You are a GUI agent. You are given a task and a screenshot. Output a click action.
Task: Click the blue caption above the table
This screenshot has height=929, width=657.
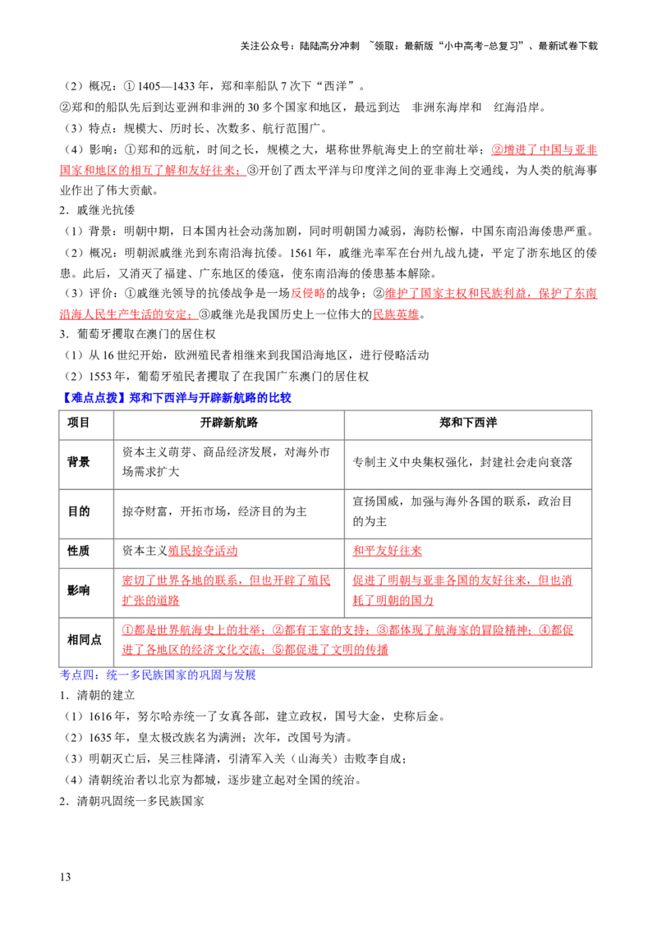point(177,398)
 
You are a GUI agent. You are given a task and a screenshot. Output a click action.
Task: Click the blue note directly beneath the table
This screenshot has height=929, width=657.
point(158,676)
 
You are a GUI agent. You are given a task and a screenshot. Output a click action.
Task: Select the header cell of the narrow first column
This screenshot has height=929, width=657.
point(88,423)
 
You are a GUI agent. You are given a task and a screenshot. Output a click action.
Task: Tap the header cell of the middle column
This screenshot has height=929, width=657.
point(229,423)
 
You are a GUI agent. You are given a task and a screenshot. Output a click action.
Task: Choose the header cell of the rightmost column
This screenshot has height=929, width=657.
point(466,423)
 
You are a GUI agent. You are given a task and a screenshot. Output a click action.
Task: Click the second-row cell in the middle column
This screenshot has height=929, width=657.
point(229,465)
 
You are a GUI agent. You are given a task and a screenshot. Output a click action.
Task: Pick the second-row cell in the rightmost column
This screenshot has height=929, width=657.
point(466,465)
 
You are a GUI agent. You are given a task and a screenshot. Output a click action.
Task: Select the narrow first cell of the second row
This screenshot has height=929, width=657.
point(88,465)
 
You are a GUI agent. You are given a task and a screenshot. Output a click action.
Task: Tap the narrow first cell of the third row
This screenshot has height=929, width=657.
point(88,512)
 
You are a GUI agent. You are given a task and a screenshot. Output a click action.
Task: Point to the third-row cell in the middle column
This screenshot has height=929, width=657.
point(229,512)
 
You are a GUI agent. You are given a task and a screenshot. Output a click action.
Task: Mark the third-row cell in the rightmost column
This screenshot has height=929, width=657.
point(466,512)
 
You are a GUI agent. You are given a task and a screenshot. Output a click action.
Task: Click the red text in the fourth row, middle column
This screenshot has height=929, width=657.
point(202,551)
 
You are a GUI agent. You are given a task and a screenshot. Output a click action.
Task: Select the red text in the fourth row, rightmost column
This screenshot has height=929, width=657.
point(388,551)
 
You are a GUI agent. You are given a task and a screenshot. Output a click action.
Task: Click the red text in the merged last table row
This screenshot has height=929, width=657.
point(348,640)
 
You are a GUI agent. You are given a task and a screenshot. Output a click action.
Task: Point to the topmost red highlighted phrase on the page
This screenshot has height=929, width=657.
point(543,149)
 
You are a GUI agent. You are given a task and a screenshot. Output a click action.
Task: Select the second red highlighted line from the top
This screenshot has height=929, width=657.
point(152,171)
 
